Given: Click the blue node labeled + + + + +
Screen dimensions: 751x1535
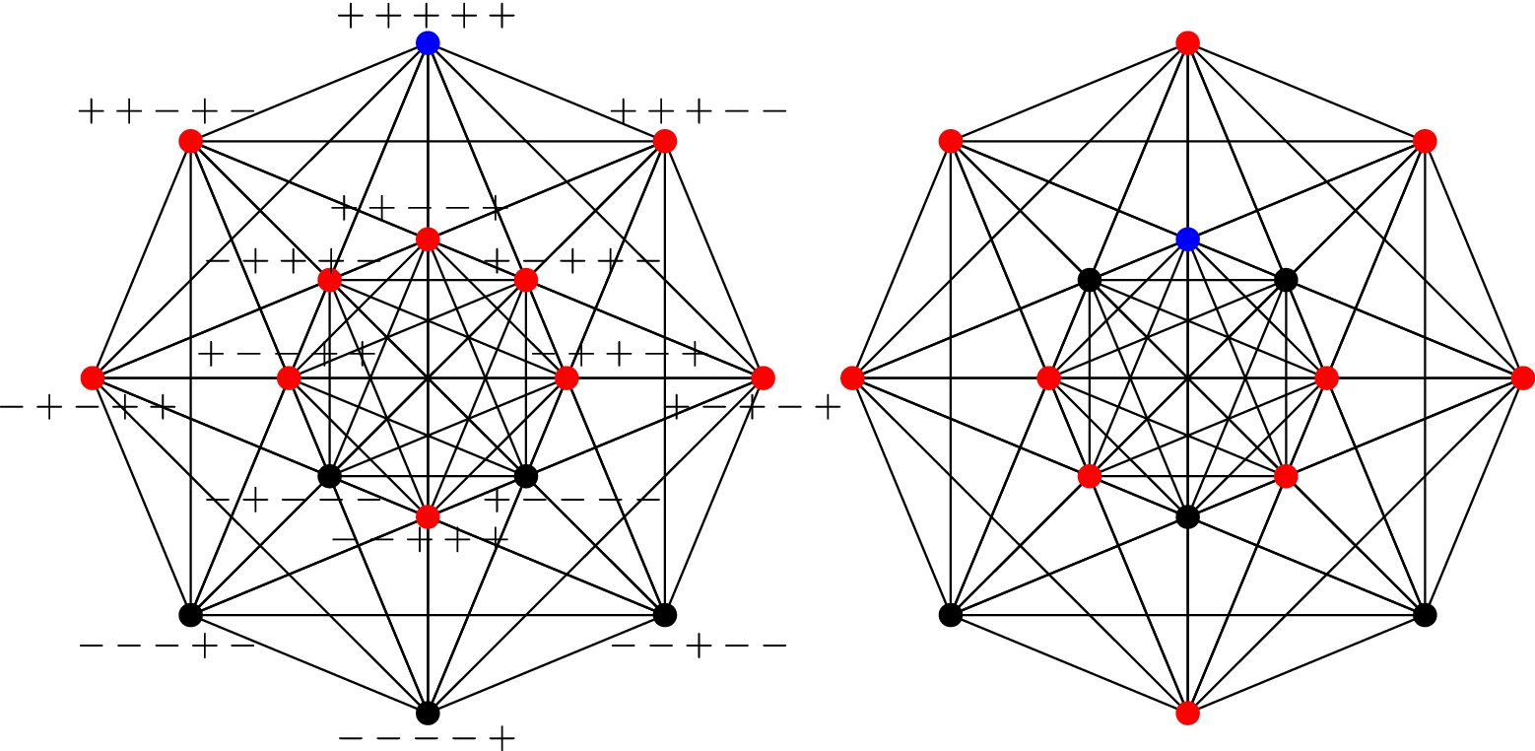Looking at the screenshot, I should [427, 42].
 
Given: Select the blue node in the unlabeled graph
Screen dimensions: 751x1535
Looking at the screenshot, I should [1187, 239].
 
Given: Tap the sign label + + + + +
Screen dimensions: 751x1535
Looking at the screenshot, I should [427, 16].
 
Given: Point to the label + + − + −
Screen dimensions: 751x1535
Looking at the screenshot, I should [166, 111].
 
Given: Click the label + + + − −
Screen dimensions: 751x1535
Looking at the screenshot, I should [699, 111].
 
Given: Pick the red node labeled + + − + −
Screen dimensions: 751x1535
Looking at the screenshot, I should [190, 141].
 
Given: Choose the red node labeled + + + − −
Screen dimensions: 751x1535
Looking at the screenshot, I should [664, 141].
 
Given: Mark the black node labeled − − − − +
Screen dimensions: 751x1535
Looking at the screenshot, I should [427, 712].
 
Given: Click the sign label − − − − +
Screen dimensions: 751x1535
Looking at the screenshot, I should [427, 737].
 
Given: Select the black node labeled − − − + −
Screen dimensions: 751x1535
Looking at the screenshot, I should [190, 614].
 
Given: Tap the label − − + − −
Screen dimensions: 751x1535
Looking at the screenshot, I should [699, 646].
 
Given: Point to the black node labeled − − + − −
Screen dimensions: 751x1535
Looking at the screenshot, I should [664, 614].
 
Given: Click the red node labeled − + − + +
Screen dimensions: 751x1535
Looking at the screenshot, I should [93, 377].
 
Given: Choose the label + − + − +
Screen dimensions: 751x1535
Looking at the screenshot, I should [754, 406].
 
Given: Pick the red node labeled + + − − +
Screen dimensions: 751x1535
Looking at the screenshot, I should [427, 239].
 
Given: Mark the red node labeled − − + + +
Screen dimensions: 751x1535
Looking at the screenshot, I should [427, 515].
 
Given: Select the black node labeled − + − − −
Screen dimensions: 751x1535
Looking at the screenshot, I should [329, 476].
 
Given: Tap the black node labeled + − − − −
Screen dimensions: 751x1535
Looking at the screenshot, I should [525, 476].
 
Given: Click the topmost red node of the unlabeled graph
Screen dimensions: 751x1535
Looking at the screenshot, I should [1187, 42].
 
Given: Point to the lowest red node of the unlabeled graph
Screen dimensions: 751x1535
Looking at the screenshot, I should [1187, 712].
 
